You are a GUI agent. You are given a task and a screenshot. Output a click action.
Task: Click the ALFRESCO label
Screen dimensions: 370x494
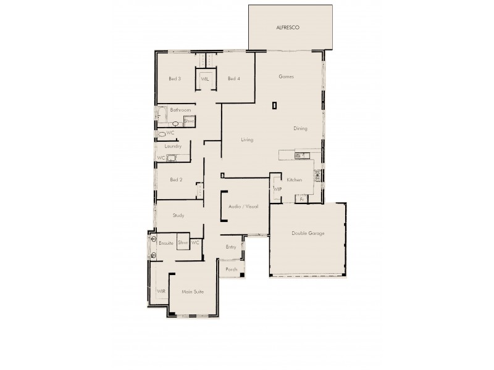[288, 28]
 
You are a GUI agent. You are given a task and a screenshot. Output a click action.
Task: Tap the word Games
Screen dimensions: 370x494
[285, 76]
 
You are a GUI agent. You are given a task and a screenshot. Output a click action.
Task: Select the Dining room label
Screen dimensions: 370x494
[301, 128]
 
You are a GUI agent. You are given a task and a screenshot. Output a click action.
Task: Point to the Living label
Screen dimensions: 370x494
[247, 140]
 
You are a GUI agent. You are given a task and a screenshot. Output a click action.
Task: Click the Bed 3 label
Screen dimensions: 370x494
[175, 78]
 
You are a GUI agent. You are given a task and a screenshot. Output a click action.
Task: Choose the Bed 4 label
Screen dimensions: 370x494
[233, 78]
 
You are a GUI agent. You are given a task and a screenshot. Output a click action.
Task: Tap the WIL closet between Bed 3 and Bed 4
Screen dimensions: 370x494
[204, 78]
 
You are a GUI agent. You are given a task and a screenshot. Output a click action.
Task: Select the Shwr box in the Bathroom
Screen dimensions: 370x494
[189, 121]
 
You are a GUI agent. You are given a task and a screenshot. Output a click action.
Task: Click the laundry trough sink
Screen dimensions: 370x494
[173, 158]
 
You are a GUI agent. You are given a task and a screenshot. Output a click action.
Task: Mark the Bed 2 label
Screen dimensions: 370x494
[176, 179]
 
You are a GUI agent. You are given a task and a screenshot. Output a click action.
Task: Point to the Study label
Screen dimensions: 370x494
[179, 215]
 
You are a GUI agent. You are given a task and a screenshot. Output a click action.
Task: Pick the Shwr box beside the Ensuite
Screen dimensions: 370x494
[183, 243]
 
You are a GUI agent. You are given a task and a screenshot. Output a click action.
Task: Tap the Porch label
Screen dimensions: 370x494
[232, 269]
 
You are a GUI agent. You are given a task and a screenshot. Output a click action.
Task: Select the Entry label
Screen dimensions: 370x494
[231, 247]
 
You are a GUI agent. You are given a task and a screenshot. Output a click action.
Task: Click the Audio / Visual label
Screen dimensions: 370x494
[243, 207]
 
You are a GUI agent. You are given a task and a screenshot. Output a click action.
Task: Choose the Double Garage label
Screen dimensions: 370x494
[308, 233]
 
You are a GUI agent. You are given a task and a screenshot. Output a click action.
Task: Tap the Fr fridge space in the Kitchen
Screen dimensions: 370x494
[301, 199]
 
